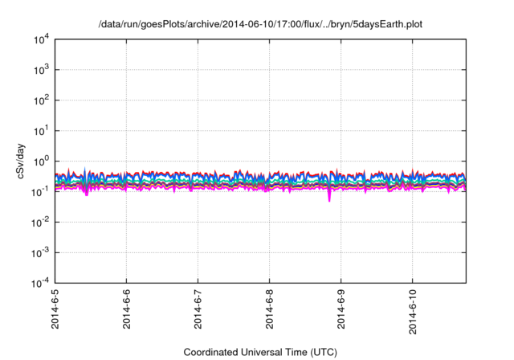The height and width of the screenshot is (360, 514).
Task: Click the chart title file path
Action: [259, 25]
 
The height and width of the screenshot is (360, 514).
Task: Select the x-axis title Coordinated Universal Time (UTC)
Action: [259, 352]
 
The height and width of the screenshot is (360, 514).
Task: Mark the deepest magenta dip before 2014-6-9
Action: [329, 199]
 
